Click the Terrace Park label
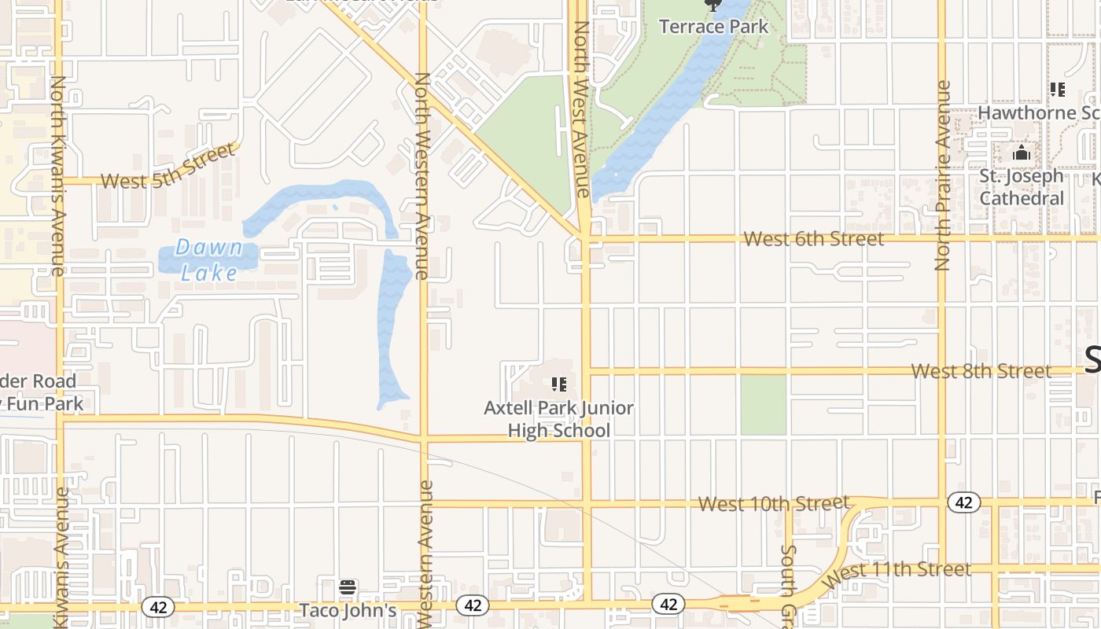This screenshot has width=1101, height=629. click(713, 27)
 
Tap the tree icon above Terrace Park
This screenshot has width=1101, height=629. click(713, 5)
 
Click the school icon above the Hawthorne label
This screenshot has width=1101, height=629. click(1058, 90)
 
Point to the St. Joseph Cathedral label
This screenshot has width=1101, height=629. click(1022, 186)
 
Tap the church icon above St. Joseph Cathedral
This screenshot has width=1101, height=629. click(1022, 153)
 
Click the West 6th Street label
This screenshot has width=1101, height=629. click(813, 238)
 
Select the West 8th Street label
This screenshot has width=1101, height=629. click(981, 370)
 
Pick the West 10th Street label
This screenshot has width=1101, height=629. click(774, 503)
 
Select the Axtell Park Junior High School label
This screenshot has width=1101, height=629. click(559, 419)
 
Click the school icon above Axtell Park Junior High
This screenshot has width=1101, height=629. click(559, 384)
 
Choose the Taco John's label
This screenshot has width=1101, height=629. click(348, 610)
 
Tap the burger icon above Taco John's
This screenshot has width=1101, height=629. click(348, 587)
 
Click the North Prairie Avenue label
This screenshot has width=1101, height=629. click(943, 175)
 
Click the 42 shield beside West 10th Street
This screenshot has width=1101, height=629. click(963, 502)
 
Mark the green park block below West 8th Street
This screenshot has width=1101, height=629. click(763, 405)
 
